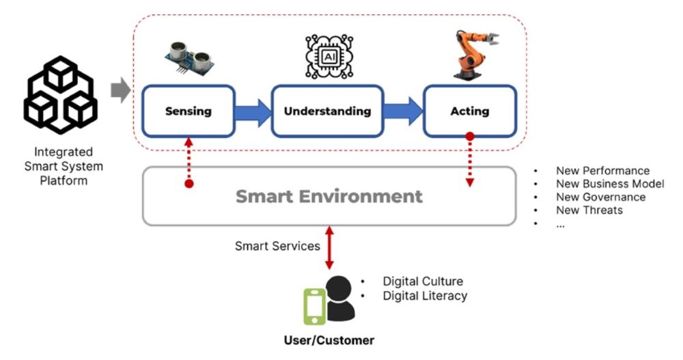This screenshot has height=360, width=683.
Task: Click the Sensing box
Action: point(188,111)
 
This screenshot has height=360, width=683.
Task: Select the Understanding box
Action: point(327,111)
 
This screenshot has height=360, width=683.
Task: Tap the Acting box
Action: point(470,111)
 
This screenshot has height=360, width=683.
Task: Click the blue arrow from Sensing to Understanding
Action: point(253,111)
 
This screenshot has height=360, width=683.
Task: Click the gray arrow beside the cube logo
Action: point(120,90)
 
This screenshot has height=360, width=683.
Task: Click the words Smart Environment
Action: point(329,197)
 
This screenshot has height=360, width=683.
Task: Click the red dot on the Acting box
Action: point(470,136)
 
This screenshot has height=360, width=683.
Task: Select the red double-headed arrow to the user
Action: point(329,247)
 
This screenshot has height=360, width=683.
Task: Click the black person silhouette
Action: point(339,299)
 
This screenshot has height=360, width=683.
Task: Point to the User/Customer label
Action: point(329,340)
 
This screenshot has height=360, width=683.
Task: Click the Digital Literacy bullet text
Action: point(425,296)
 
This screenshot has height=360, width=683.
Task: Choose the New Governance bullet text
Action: point(600,197)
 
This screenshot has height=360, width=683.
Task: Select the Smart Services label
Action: point(277,246)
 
